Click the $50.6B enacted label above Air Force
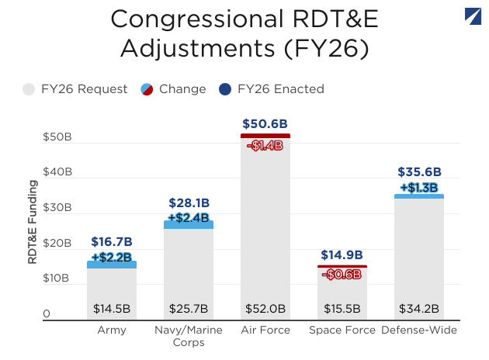click(265, 123)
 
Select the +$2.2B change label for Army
click(112, 257)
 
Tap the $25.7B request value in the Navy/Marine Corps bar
click(189, 309)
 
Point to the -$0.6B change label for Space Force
click(342, 274)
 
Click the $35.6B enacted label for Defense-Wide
click(419, 172)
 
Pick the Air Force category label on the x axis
click(265, 331)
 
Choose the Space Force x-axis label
click(342, 331)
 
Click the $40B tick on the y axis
click(57, 172)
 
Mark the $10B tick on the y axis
click(57, 279)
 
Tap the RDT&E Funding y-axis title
click(33, 223)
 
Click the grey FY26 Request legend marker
click(29, 89)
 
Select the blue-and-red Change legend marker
click(147, 89)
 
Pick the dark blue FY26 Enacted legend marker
click(225, 89)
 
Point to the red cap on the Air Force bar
click(265, 136)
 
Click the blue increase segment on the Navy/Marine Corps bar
click(189, 224)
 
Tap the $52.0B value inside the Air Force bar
click(265, 309)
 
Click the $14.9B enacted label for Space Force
click(342, 254)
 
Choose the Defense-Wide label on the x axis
click(419, 331)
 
